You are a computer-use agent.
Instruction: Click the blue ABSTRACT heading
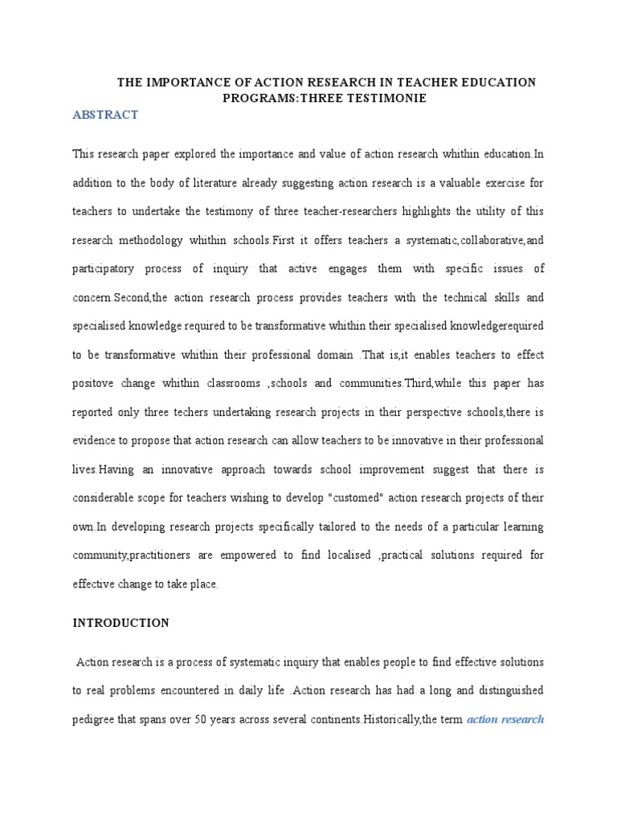[x=105, y=115]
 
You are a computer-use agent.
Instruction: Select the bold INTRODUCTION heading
[x=121, y=623]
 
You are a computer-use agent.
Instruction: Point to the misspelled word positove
[x=96, y=384]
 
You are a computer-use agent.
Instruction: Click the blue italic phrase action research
[x=505, y=720]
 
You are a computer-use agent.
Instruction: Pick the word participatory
[x=110, y=269]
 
